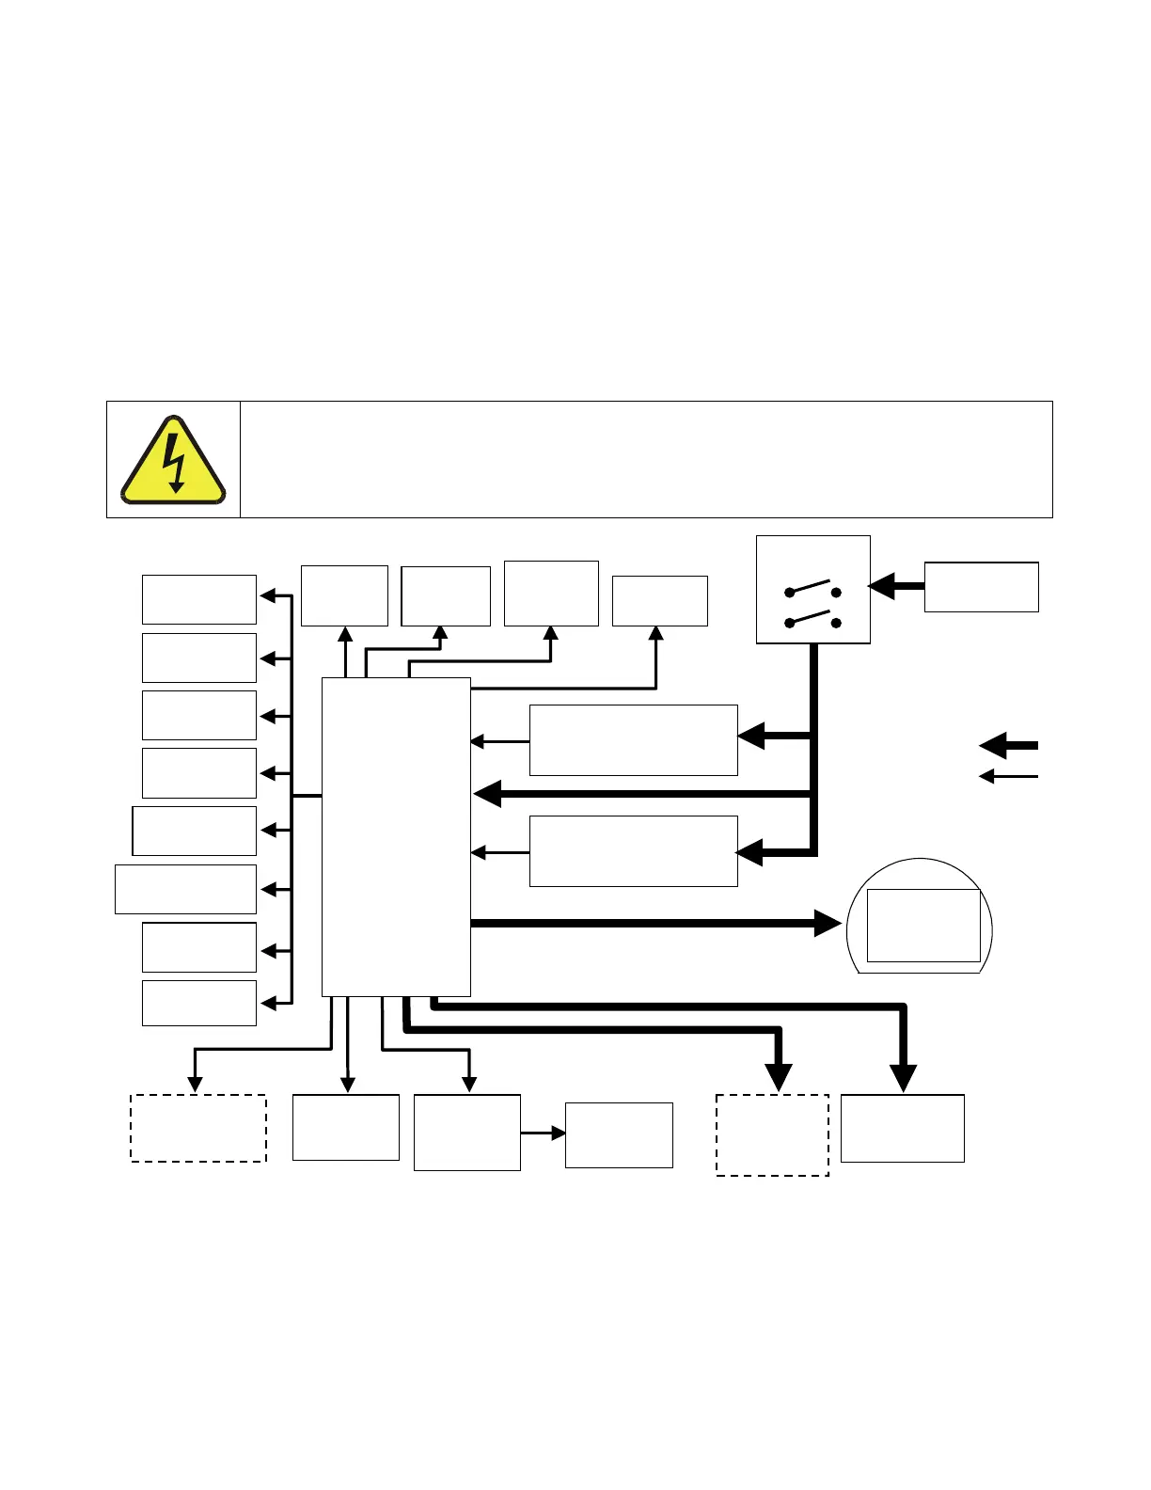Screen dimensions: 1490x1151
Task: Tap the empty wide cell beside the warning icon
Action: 645,459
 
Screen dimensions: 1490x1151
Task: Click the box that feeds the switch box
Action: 981,587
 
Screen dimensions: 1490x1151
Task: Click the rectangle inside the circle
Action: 922,925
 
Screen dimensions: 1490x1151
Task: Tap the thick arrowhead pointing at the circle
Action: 828,924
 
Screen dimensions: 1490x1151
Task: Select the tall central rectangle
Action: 396,836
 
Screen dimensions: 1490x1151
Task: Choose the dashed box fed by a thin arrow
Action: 198,1128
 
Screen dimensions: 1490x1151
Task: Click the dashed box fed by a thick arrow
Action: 772,1134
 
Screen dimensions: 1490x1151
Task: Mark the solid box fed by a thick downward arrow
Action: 902,1128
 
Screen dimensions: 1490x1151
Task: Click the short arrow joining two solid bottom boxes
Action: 543,1133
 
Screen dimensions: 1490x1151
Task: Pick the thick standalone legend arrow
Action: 1008,745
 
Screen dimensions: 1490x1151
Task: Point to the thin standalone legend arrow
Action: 1008,776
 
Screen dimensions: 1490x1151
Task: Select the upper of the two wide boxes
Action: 633,739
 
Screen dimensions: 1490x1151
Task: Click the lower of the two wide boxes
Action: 633,851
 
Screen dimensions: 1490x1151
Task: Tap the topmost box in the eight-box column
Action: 198,599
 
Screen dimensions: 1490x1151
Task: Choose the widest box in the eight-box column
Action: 185,889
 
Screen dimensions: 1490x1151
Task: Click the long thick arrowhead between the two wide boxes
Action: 489,795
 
